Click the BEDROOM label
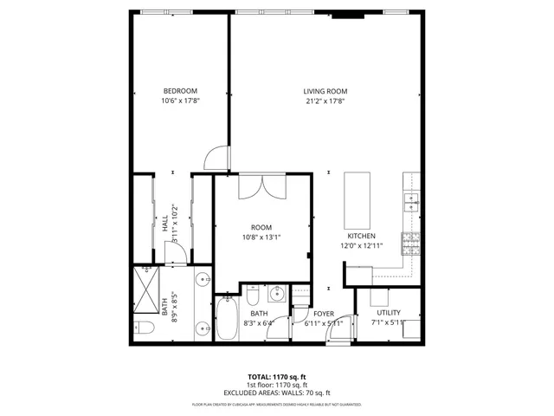(x=180, y=91)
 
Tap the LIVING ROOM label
(x=325, y=91)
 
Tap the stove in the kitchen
(x=411, y=241)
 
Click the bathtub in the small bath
(x=228, y=319)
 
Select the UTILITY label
(x=388, y=313)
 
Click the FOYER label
(x=324, y=314)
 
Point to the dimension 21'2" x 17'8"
(x=325, y=101)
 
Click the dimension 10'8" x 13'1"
(x=261, y=237)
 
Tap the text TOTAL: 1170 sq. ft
(x=276, y=377)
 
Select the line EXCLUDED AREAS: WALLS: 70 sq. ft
(x=276, y=393)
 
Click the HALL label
(x=164, y=224)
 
